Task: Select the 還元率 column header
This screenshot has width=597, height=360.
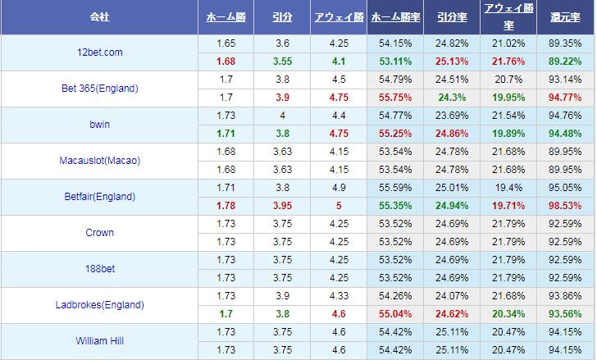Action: tap(566, 17)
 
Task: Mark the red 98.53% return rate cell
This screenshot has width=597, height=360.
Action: tap(566, 206)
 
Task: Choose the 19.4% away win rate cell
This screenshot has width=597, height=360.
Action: tap(508, 188)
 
